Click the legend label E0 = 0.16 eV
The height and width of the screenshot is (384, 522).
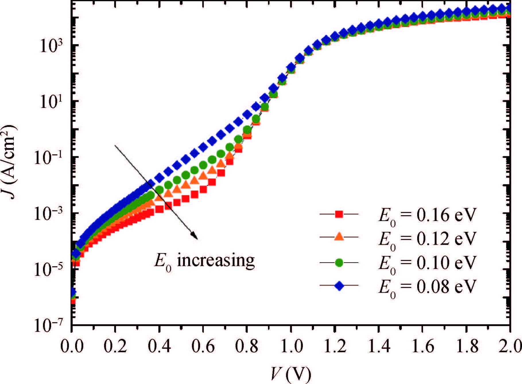(x=427, y=216)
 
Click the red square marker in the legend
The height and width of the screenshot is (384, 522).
(x=339, y=214)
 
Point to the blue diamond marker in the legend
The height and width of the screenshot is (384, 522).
(x=339, y=286)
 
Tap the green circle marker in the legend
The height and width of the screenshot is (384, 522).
(x=339, y=262)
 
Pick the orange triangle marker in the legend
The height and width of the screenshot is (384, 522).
(x=339, y=237)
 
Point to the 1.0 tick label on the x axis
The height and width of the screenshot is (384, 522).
(x=291, y=346)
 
